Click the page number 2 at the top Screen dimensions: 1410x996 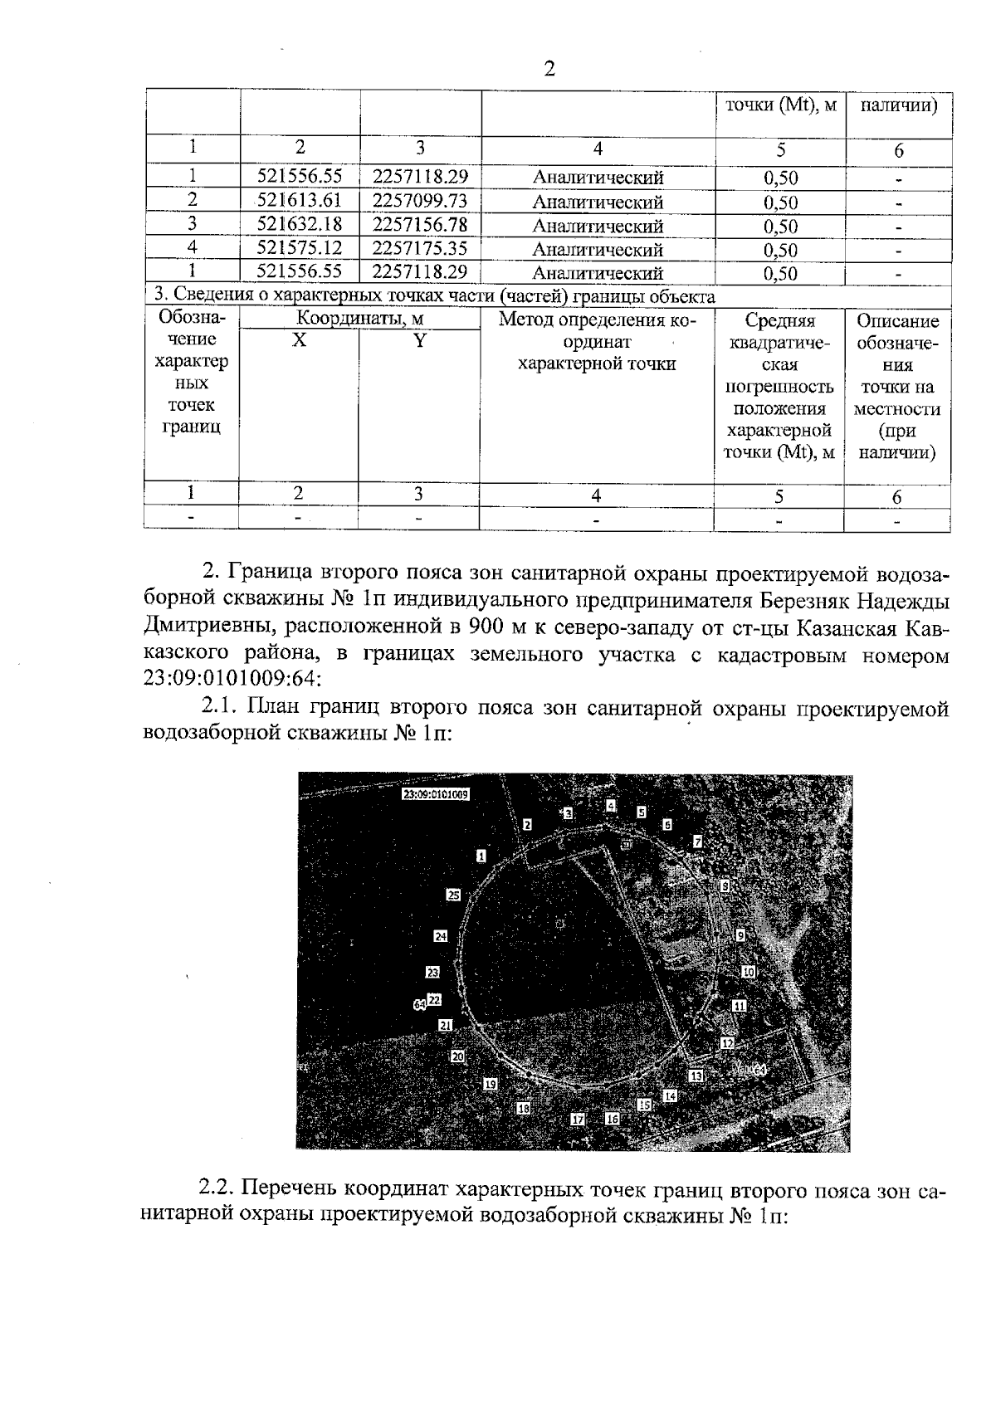click(549, 69)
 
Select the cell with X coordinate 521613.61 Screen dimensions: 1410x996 click(300, 200)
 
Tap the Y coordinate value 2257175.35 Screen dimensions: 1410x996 click(420, 247)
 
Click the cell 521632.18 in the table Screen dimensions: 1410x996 click(300, 224)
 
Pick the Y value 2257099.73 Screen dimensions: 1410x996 click(420, 200)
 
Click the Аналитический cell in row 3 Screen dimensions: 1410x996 click(598, 226)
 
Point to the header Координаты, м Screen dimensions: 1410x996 click(360, 320)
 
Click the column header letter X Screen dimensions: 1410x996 click(299, 340)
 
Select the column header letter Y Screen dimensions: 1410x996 click(420, 340)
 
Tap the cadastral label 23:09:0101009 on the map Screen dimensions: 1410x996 click(436, 793)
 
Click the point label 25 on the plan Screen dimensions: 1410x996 click(453, 895)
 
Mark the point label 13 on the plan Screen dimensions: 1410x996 click(696, 1076)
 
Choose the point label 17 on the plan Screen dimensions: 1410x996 click(579, 1120)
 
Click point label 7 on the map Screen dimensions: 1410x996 click(697, 842)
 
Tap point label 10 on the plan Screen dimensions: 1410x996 click(748, 971)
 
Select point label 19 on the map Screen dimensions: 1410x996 click(491, 1084)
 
